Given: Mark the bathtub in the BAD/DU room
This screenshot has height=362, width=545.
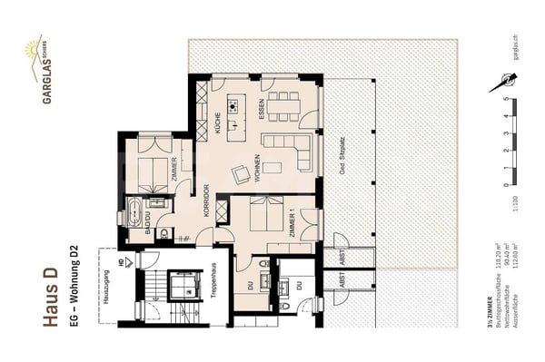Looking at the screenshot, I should click(x=134, y=216).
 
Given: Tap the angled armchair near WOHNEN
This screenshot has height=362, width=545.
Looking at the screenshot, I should click(x=242, y=174).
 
